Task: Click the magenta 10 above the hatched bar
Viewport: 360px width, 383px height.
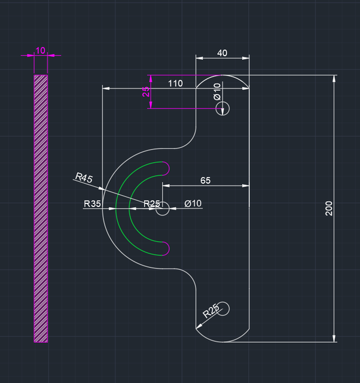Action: coord(41,50)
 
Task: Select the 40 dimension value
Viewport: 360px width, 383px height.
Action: coord(222,53)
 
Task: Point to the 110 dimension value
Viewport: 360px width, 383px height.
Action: coord(175,83)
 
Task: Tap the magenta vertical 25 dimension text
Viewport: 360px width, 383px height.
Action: coord(146,92)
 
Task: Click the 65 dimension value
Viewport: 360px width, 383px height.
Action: coord(205,180)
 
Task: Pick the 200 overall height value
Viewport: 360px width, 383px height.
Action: coord(328,208)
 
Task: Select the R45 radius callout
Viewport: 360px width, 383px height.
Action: coord(83,178)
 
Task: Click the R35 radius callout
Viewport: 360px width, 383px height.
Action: coord(92,204)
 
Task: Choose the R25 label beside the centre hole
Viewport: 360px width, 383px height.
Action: coord(152,204)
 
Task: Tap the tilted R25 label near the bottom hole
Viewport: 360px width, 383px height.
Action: coord(211,311)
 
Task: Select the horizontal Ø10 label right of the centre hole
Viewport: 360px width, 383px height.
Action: coord(193,204)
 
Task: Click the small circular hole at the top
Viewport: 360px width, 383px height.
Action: coord(222,108)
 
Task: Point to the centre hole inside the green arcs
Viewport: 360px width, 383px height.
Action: coord(163,208)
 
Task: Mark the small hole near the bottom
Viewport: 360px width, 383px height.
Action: coord(222,308)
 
